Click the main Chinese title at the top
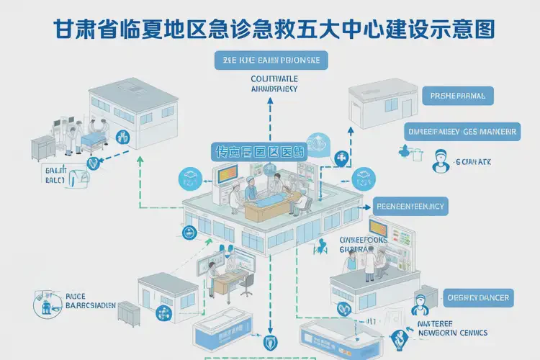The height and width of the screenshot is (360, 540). pos(273,28)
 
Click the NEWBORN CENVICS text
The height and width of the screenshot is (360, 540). pos(453,333)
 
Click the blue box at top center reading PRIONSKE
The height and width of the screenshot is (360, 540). pos(271,60)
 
